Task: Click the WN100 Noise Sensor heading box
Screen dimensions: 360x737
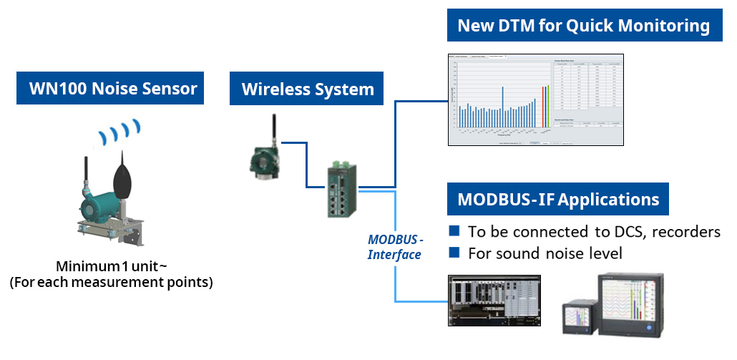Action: (112, 89)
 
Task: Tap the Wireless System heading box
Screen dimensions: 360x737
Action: (308, 89)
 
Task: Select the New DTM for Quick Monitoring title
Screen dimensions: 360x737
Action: (583, 26)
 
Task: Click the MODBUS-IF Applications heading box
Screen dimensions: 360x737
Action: (557, 199)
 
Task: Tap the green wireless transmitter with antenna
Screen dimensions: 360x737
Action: (263, 154)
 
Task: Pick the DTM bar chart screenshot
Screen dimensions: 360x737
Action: (536, 99)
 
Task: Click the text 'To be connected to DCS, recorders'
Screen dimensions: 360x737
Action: (594, 232)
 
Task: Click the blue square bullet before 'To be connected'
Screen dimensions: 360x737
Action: (454, 231)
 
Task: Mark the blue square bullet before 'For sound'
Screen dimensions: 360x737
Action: (454, 253)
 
